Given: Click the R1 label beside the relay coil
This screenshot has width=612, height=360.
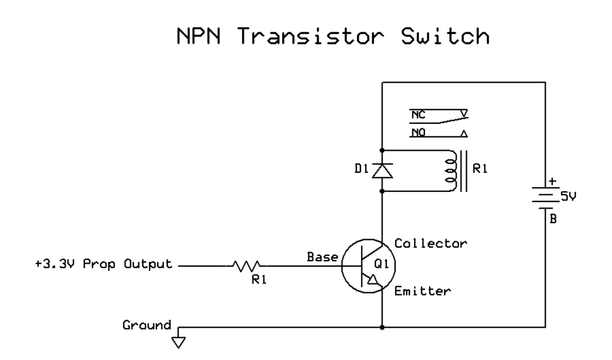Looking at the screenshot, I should pyautogui.click(x=481, y=170).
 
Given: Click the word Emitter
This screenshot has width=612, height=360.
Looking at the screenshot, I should pyautogui.click(x=422, y=291).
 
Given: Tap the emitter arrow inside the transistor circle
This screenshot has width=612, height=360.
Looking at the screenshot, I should pyautogui.click(x=372, y=279).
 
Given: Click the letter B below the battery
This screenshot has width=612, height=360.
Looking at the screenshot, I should pyautogui.click(x=553, y=219).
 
